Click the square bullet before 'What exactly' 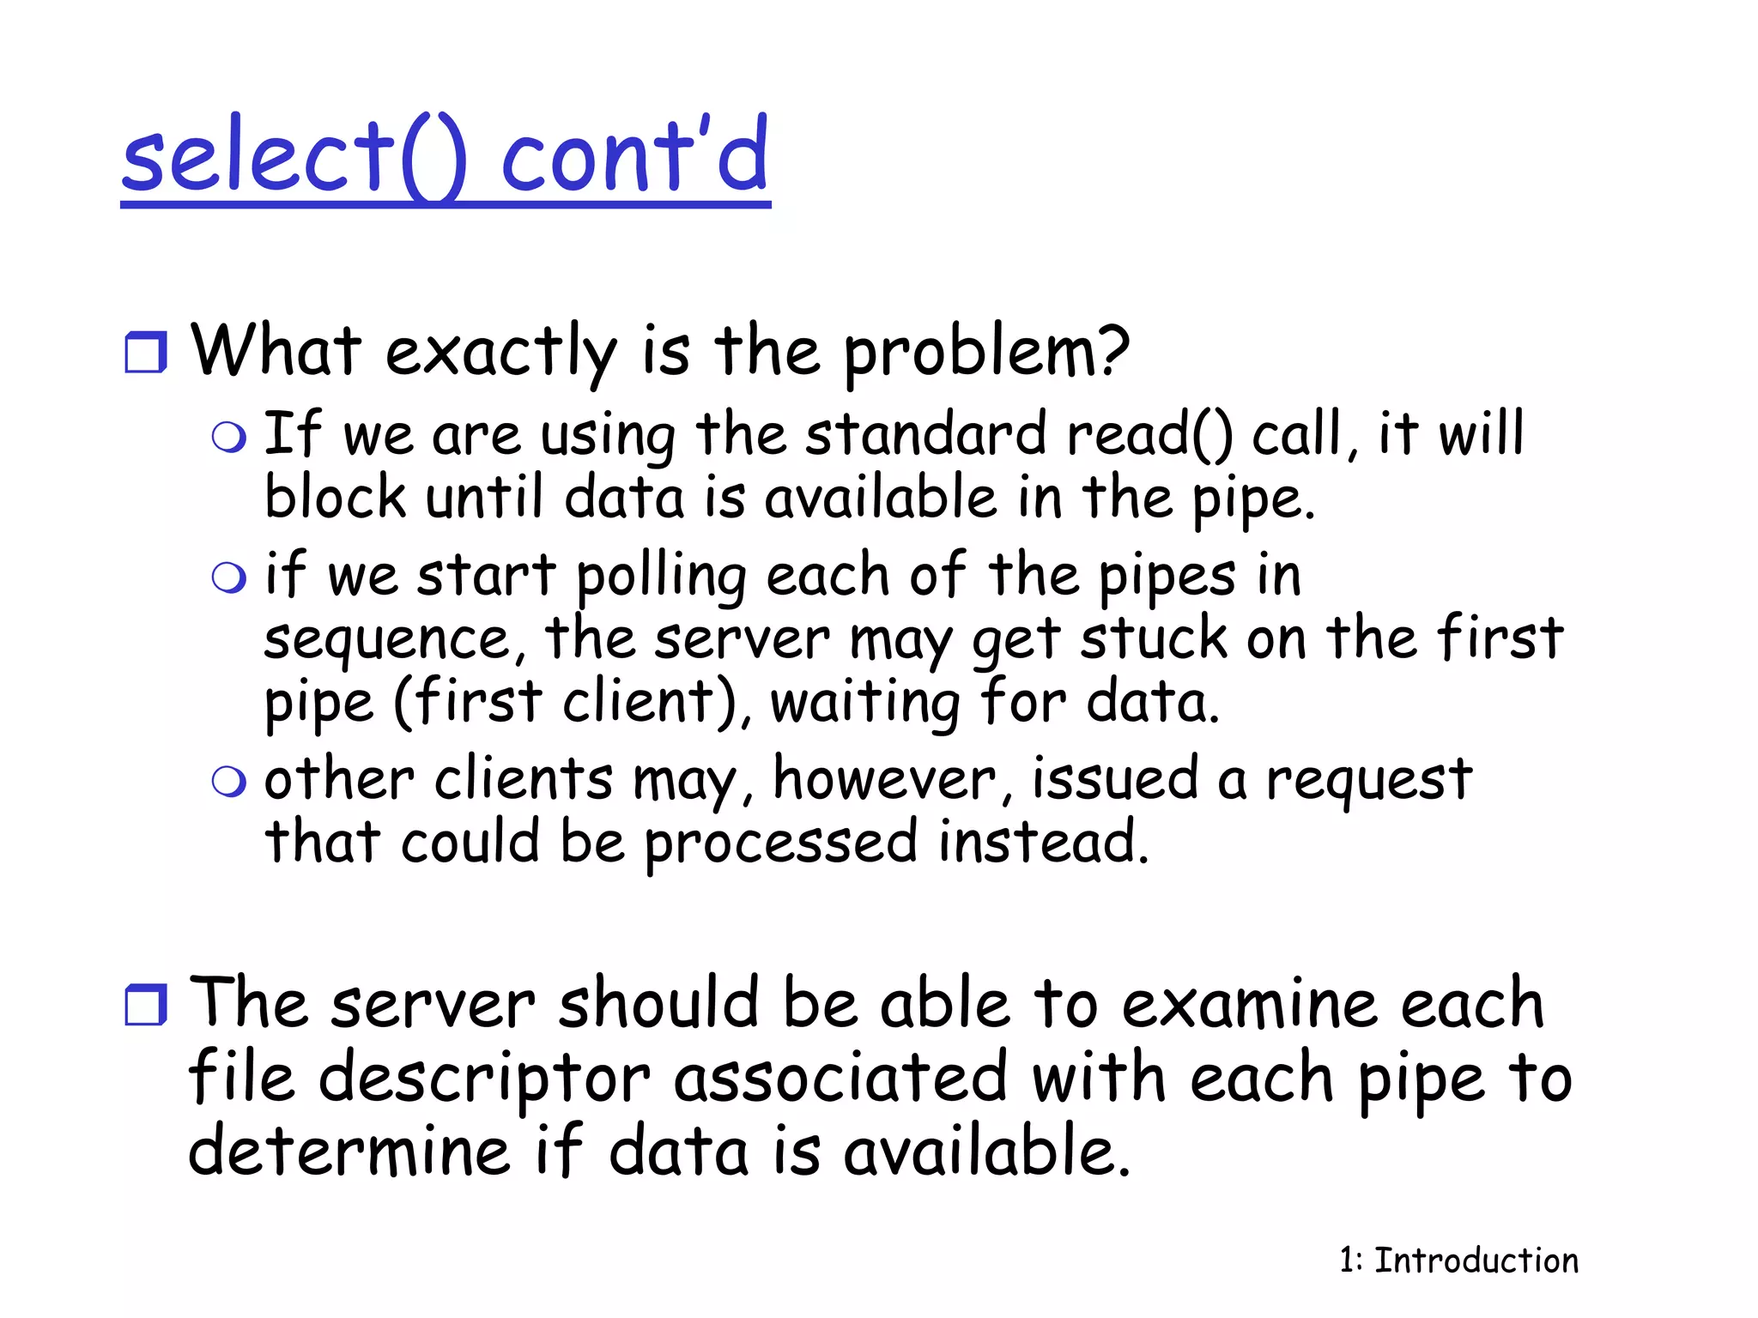[x=145, y=353]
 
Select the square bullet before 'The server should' [x=145, y=1005]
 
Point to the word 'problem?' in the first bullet [x=986, y=354]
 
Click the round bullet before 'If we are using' [x=228, y=438]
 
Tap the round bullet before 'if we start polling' [x=228, y=577]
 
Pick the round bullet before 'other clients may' [x=228, y=781]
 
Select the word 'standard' [x=925, y=434]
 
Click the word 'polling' [x=661, y=577]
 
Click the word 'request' [x=1369, y=781]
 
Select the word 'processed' [x=781, y=844]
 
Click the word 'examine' [x=1249, y=1004]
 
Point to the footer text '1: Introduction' [x=1458, y=1261]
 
